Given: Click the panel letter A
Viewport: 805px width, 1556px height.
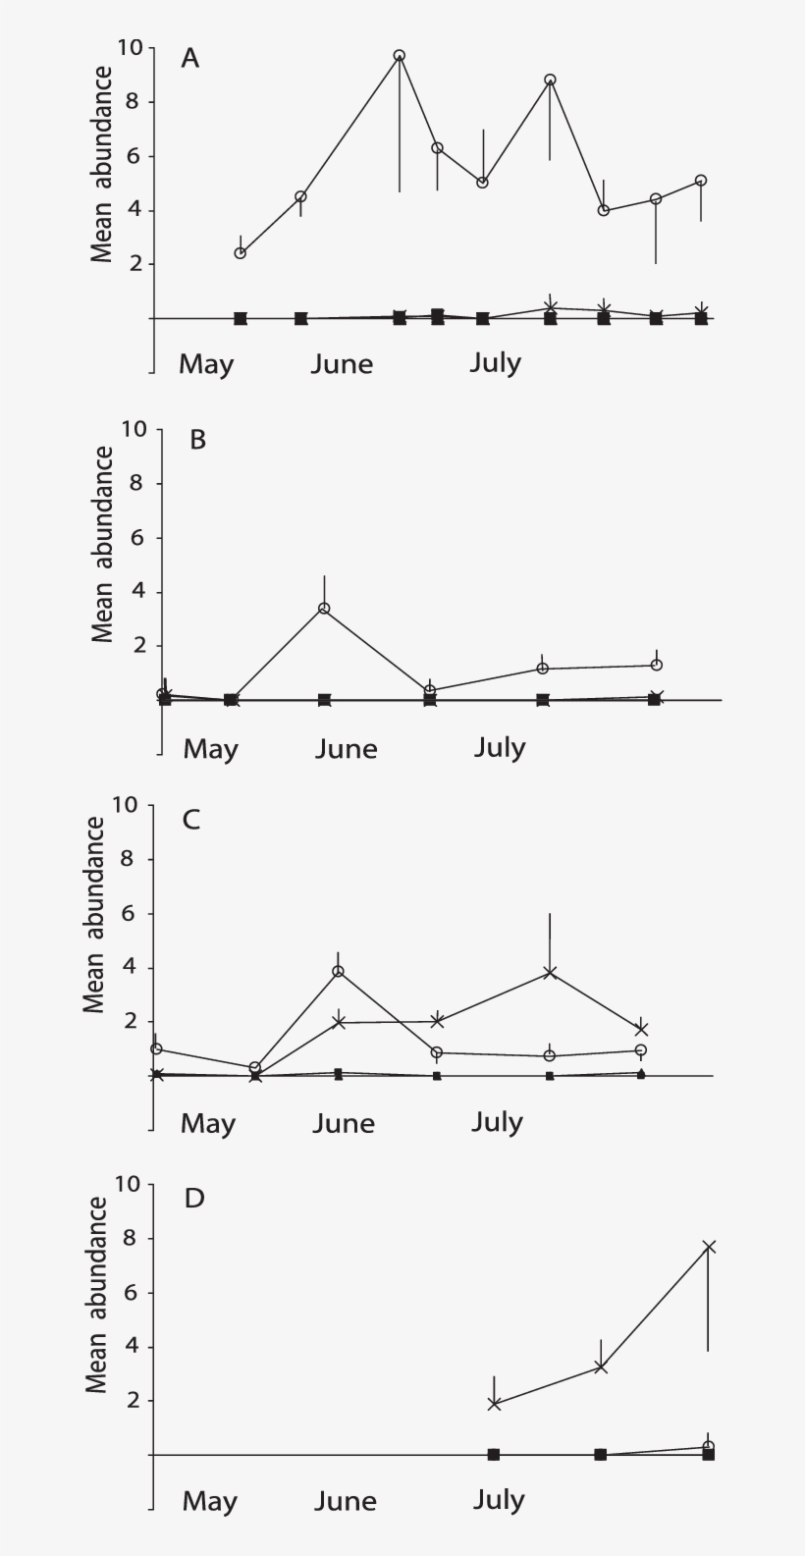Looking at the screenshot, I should pos(189,59).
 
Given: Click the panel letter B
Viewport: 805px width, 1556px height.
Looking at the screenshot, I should pos(197,439).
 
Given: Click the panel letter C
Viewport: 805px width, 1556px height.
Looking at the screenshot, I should pos(191,819).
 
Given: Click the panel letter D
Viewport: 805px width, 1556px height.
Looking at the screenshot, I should pos(194,1199).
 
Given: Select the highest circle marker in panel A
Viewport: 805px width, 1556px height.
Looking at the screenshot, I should pos(400,56).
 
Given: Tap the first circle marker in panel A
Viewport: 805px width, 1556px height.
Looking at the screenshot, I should pos(241,253).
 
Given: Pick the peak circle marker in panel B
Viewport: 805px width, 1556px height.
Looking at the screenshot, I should pos(324,609).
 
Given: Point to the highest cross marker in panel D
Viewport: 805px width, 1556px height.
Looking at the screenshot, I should pos(709,1247).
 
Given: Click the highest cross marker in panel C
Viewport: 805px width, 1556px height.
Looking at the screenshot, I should pos(550,973).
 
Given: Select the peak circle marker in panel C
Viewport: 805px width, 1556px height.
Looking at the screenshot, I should pos(339,972).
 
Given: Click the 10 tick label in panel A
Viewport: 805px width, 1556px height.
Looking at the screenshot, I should pos(130,47).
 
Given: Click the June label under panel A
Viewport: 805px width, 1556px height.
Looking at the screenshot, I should pos(342,364).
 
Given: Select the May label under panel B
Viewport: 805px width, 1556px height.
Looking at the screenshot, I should pos(210,749).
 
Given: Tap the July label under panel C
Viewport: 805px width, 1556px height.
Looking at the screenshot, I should pos(497,1122).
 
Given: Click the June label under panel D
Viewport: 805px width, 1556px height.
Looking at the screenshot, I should pos(345,1501).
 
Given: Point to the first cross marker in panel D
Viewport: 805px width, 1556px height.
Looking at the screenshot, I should pos(494,1404).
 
